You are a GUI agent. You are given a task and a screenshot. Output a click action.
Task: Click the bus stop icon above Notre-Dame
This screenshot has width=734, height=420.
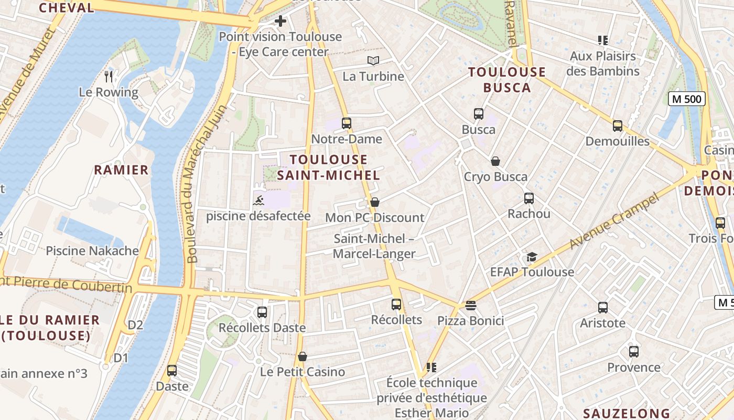tap(346, 123)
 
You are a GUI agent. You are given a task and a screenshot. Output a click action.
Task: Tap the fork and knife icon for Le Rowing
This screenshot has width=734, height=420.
tap(109, 77)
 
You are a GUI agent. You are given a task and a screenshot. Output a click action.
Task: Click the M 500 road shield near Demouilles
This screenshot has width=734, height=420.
tap(687, 99)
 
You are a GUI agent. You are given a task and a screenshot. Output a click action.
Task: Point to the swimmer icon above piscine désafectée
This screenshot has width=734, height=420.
tap(258, 201)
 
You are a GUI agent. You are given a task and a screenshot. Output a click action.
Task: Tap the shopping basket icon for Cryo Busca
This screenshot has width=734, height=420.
tap(495, 161)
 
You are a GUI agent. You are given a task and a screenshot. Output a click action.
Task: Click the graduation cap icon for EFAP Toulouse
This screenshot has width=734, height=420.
tap(532, 257)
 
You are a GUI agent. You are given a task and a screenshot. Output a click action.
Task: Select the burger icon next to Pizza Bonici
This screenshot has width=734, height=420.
tap(470, 305)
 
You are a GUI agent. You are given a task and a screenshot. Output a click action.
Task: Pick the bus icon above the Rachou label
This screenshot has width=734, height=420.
tap(529, 198)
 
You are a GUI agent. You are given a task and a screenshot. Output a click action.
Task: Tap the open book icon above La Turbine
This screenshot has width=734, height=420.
tap(373, 61)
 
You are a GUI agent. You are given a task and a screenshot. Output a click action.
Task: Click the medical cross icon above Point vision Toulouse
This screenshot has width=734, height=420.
tap(280, 21)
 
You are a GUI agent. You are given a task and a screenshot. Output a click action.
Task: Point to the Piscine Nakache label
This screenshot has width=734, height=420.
tap(92, 250)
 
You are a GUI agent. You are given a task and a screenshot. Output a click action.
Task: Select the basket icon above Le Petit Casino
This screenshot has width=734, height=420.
tap(303, 356)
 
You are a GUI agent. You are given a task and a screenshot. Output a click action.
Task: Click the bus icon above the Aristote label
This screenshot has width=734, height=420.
tap(603, 307)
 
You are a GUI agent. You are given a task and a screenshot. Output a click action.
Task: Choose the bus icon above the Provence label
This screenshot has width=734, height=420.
tap(634, 351)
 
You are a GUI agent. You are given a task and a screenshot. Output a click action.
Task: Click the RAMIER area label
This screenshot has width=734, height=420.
tap(121, 170)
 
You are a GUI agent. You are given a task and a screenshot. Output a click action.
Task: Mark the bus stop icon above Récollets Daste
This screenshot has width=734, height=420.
tap(262, 312)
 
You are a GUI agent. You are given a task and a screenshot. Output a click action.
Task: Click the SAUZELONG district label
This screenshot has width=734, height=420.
tap(627, 413)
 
